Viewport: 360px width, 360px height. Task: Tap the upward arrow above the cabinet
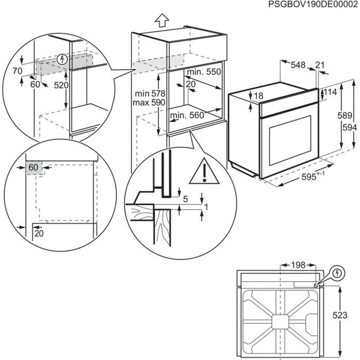click(162, 21)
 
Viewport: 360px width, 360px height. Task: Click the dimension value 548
click(298, 65)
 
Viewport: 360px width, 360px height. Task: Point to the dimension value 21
click(321, 65)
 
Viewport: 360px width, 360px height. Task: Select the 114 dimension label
click(331, 92)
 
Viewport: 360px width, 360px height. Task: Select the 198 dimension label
click(297, 265)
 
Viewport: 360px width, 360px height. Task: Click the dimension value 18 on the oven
click(259, 96)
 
